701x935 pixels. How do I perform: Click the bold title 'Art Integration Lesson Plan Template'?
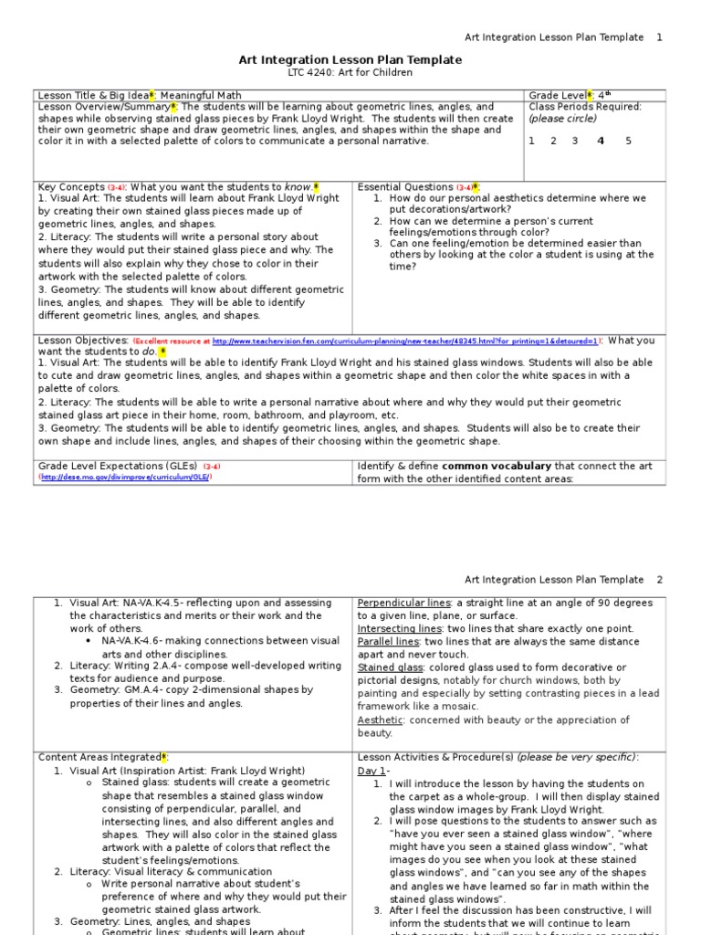coord(350,59)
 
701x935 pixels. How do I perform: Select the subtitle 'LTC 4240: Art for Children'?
coord(350,72)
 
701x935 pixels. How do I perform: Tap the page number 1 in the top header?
coord(660,37)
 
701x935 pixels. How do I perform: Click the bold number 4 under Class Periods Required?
coord(600,142)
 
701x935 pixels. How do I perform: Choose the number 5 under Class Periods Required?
coord(628,142)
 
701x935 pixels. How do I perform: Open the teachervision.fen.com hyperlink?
coord(405,341)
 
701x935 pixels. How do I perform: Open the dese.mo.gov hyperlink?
coord(124,477)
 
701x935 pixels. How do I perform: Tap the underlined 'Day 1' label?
coord(371,771)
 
